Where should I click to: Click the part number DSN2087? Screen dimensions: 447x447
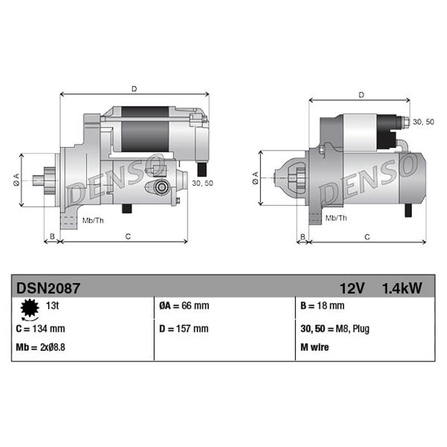click(49, 288)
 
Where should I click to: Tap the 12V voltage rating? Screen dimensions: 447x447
click(352, 288)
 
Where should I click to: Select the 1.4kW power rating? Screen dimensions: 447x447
click(402, 288)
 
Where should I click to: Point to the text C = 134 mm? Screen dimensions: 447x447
click(40, 329)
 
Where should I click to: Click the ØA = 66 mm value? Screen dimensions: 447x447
click(184, 306)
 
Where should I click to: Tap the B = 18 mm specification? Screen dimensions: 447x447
click(322, 306)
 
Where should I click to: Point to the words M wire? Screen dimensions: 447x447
click(315, 347)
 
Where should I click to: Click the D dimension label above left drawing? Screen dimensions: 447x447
click(134, 88)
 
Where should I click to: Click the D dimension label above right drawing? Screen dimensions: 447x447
click(362, 95)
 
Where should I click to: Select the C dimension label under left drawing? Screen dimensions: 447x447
click(127, 236)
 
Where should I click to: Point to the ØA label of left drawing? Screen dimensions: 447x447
click(16, 179)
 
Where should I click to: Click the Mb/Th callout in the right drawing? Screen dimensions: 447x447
click(336, 218)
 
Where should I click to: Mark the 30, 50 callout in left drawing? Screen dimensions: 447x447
click(202, 183)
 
